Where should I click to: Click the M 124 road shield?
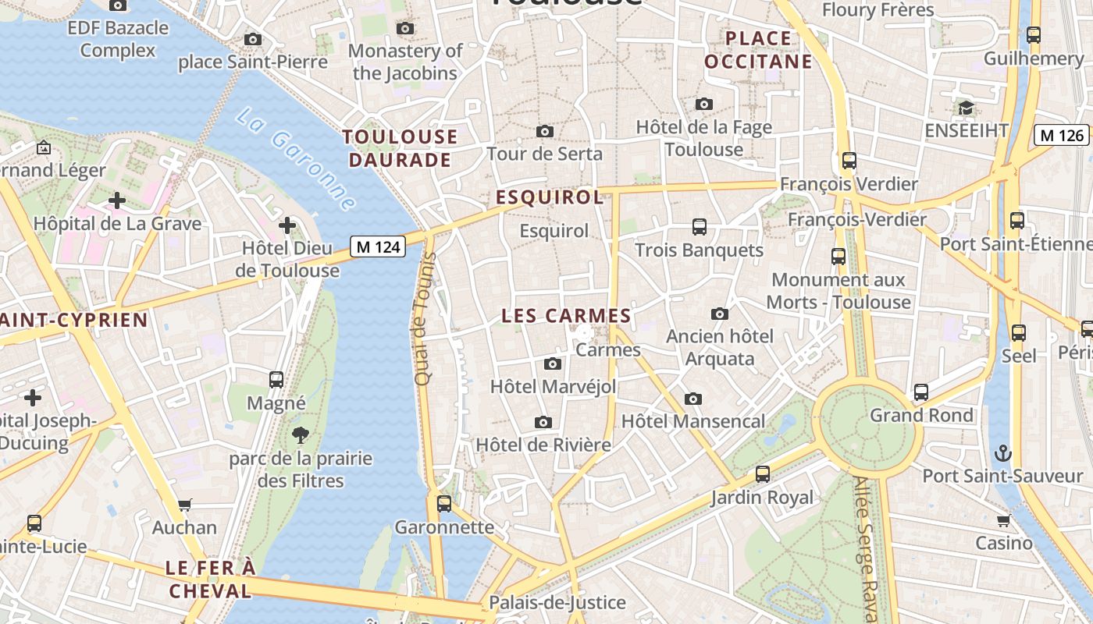[379, 247]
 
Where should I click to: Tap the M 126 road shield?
[1062, 135]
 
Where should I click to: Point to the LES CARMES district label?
[566, 316]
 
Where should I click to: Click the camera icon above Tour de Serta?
[545, 131]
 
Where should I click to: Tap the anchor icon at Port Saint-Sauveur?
[1002, 453]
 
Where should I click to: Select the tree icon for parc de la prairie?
[300, 435]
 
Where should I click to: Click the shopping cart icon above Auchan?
[185, 505]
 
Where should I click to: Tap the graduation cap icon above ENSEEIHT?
[966, 108]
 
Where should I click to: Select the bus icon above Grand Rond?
[921, 392]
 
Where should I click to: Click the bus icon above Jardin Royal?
[763, 474]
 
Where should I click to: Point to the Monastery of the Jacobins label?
[405, 62]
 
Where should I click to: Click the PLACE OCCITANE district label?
[758, 50]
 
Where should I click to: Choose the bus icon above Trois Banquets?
[700, 227]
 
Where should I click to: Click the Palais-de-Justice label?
[557, 602]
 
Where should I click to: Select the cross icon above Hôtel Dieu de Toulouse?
[287, 225]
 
